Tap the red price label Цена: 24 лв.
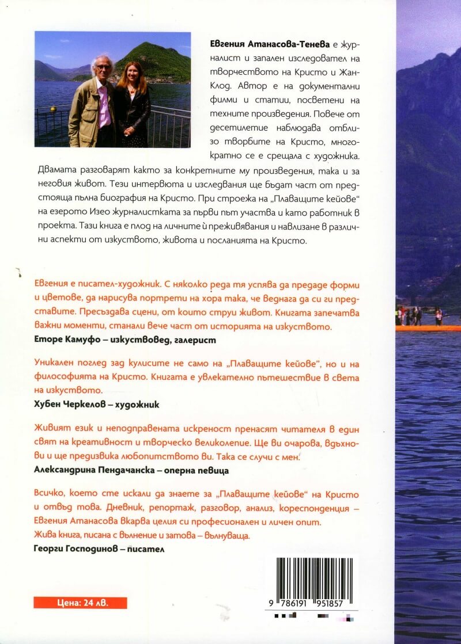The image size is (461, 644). tap(80, 603)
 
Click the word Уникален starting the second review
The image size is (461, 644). tap(51, 366)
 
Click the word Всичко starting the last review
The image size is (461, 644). tap(47, 495)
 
